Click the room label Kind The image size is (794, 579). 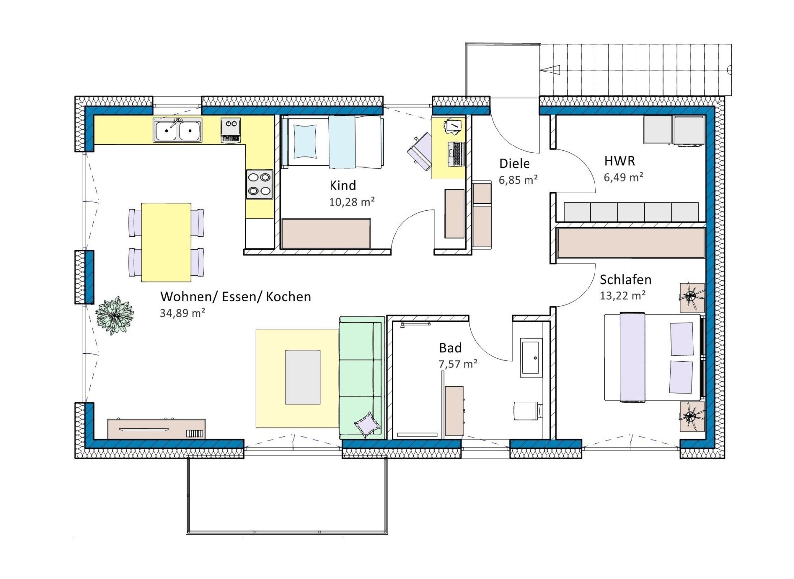click(x=342, y=185)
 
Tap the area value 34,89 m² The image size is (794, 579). click(x=183, y=313)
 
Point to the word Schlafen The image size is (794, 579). click(x=626, y=280)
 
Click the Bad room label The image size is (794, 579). click(x=450, y=348)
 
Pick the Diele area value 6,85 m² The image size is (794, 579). click(x=518, y=180)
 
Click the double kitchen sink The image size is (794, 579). click(x=178, y=130)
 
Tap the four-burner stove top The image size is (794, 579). click(x=260, y=185)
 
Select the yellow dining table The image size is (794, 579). click(x=166, y=242)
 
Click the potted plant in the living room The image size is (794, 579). click(x=115, y=315)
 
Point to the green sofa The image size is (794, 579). click(x=362, y=378)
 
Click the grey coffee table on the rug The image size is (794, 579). click(x=303, y=377)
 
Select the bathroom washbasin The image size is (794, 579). click(x=531, y=357)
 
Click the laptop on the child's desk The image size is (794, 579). click(x=456, y=154)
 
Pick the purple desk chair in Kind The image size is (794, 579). click(x=419, y=151)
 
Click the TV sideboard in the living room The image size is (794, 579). click(x=156, y=429)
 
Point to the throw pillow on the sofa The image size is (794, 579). click(x=366, y=423)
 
